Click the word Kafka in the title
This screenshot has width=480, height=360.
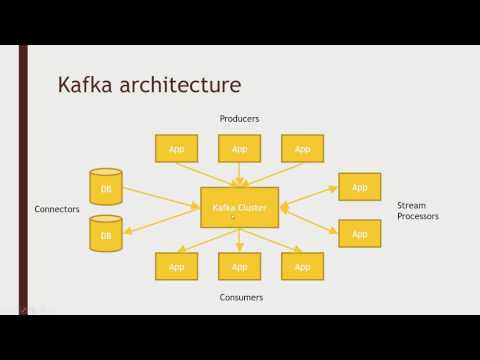[x=90, y=82]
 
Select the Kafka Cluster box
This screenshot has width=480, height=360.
[x=239, y=207]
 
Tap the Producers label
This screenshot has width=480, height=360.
[x=239, y=119]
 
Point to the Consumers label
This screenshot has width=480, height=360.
[x=239, y=297]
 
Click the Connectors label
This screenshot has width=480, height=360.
[x=57, y=209]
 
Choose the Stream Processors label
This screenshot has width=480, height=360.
[x=417, y=210]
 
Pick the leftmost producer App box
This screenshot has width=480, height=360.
[x=176, y=148]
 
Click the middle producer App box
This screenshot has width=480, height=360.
[x=239, y=148]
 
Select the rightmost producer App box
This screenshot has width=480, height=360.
[x=302, y=148]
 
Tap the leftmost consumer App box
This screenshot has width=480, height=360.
[x=176, y=266]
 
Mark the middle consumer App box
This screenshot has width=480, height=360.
[x=239, y=266]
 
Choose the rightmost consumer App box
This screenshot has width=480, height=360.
[x=302, y=266]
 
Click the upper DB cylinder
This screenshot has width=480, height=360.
[x=106, y=187]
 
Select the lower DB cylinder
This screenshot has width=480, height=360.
[x=106, y=234]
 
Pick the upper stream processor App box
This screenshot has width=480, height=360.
[x=359, y=187]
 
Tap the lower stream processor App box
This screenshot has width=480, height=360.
[x=359, y=233]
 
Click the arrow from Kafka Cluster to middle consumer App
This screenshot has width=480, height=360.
[x=239, y=239]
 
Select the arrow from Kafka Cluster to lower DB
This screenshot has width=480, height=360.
[x=162, y=221]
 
